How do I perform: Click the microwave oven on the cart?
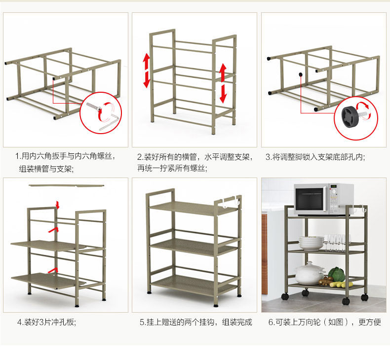click(x=323, y=199)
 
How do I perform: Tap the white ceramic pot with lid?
click(x=310, y=274)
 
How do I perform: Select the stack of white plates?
click(x=312, y=243)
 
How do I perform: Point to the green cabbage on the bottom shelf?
click(x=337, y=274)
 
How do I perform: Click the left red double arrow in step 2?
click(x=147, y=71)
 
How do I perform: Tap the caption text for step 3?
click(x=315, y=157)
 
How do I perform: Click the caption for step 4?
click(x=47, y=322)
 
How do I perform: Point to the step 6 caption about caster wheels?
click(x=324, y=322)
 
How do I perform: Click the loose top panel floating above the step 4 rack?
click(x=68, y=185)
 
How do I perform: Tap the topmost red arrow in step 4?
click(x=58, y=204)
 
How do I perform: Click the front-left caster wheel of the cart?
click(x=285, y=297)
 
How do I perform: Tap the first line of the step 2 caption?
click(x=195, y=157)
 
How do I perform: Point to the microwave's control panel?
click(x=346, y=199)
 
